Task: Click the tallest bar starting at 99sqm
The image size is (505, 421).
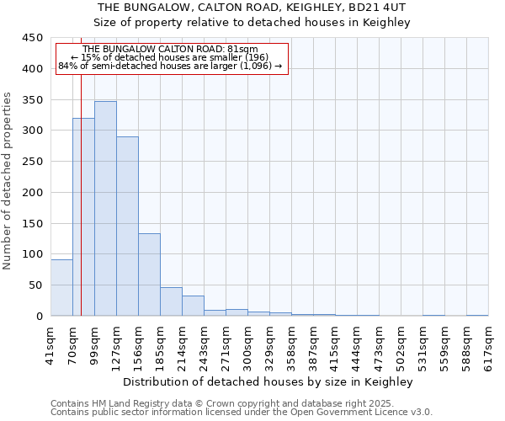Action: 105,209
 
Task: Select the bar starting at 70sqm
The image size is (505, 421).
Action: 83,217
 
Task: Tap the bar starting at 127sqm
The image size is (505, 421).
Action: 127,226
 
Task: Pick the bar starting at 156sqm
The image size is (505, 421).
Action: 149,274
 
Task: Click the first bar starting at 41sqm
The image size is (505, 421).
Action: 61,288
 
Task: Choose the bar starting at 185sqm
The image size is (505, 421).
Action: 171,301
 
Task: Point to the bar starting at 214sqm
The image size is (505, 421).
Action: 193,306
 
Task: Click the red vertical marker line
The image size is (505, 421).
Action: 81,168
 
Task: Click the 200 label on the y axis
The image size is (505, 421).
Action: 33,192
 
